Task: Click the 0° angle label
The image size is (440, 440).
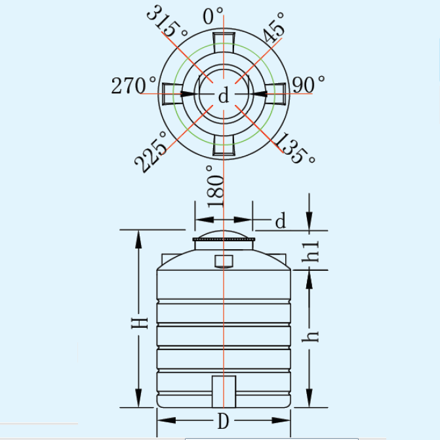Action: (x=212, y=16)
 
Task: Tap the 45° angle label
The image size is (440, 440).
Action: (x=274, y=28)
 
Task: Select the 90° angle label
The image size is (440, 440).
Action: (x=308, y=85)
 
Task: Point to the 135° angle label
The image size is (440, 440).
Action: (x=294, y=148)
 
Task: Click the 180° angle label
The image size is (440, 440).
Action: (x=215, y=186)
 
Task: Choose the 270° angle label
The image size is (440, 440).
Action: (x=133, y=85)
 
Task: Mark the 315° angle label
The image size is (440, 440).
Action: (x=167, y=22)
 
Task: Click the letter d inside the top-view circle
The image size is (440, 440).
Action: (x=224, y=95)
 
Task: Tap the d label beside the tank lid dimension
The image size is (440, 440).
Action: (x=281, y=220)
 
